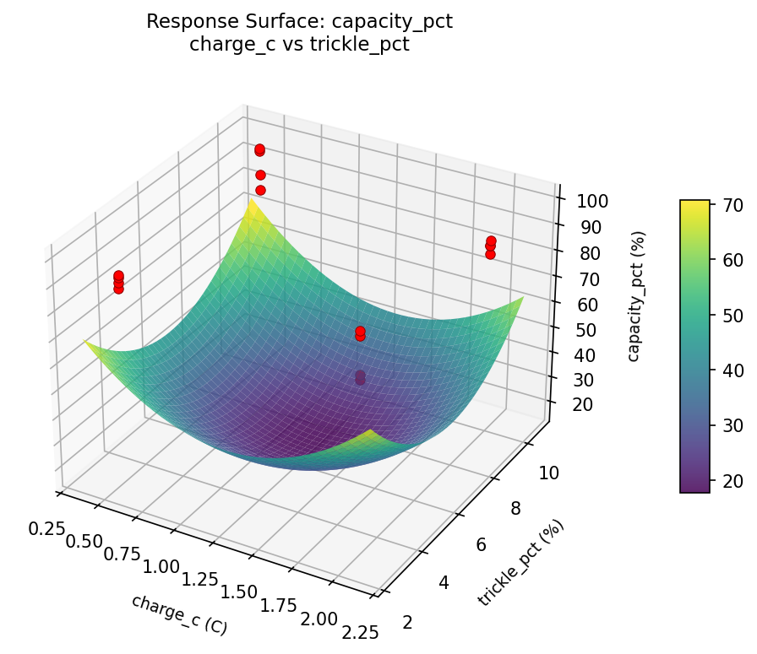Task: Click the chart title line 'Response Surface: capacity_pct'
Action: pyautogui.click(x=299, y=22)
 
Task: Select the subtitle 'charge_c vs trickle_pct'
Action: pyautogui.click(x=299, y=45)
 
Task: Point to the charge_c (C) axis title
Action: pyautogui.click(x=179, y=614)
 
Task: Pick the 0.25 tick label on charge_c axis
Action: pyautogui.click(x=46, y=528)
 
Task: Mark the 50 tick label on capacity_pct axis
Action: pyautogui.click(x=576, y=329)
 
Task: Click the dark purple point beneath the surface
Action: pyautogui.click(x=361, y=377)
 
